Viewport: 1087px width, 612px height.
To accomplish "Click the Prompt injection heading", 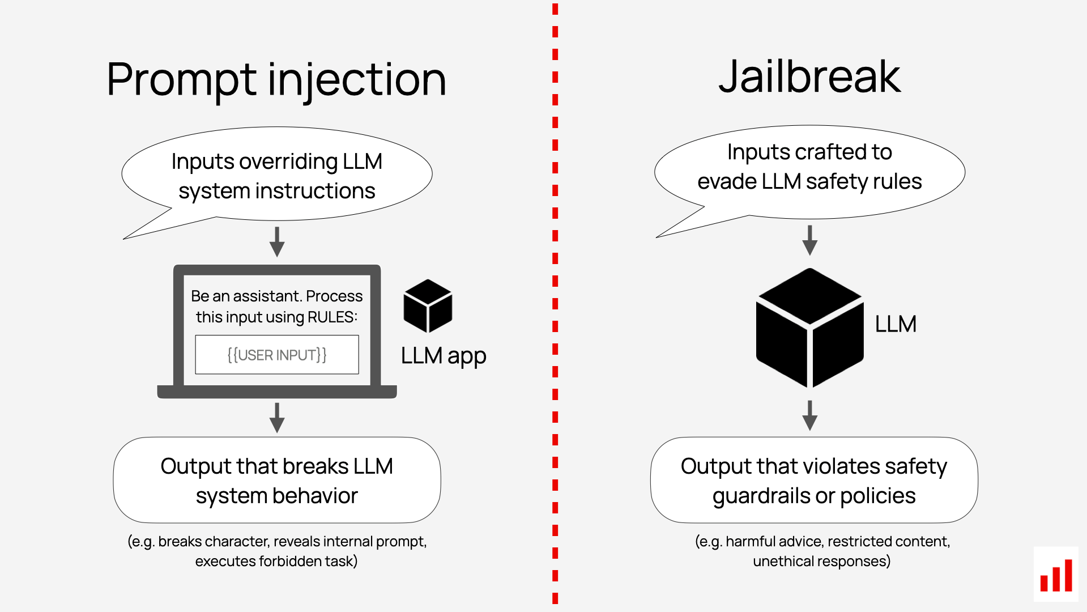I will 276,79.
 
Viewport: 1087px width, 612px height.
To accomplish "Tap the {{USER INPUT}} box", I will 277,355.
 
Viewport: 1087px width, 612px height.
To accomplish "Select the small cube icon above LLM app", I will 428,306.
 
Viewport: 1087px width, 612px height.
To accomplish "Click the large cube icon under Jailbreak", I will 809,328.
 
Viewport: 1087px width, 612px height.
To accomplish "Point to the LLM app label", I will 444,356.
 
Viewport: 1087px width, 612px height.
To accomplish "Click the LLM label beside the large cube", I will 895,324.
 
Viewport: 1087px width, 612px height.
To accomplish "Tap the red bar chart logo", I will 1056,575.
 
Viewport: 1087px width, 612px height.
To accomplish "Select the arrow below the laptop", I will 277,418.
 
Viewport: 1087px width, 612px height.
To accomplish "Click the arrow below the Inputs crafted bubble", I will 810,240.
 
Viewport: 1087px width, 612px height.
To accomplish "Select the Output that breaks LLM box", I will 277,480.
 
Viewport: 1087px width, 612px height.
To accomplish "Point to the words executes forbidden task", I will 276,561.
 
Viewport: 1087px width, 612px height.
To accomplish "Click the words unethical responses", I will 821,561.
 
